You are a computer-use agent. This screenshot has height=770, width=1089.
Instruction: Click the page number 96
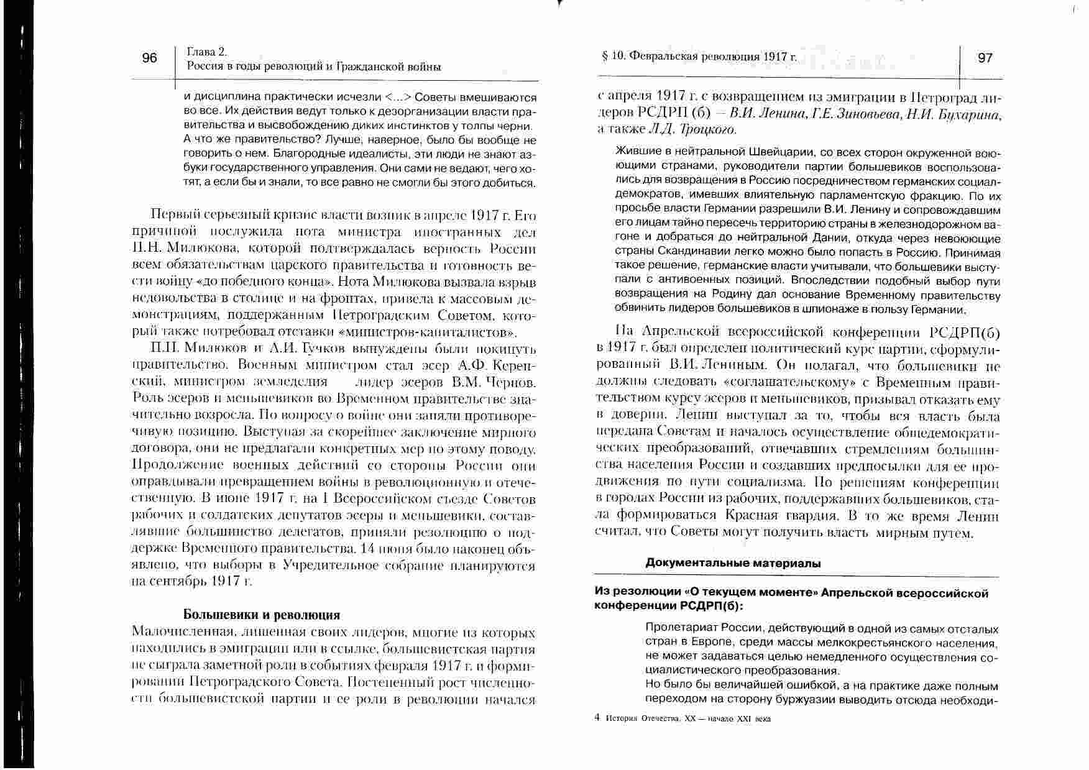pos(150,58)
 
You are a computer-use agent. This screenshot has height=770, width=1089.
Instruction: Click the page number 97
pos(985,58)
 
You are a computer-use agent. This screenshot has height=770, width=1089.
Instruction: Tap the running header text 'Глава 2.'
pos(206,52)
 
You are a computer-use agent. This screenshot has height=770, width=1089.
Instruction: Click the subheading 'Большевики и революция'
pos(262,615)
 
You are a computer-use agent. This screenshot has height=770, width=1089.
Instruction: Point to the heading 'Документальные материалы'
pos(733,564)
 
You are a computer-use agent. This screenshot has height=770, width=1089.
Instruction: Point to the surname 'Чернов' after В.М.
pos(510,382)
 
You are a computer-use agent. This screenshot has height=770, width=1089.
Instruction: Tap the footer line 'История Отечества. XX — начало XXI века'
pos(687,718)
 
